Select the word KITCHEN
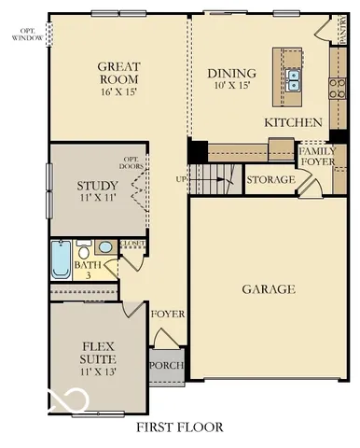(x=293, y=122)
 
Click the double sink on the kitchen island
(x=293, y=79)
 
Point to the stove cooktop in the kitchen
(x=335, y=90)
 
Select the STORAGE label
(x=270, y=178)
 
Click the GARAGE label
(x=269, y=289)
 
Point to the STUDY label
(x=97, y=186)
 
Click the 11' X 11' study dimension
(x=97, y=200)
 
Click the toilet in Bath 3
(x=84, y=251)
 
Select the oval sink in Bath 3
(x=104, y=247)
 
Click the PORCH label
(x=168, y=365)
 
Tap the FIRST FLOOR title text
(x=180, y=427)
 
